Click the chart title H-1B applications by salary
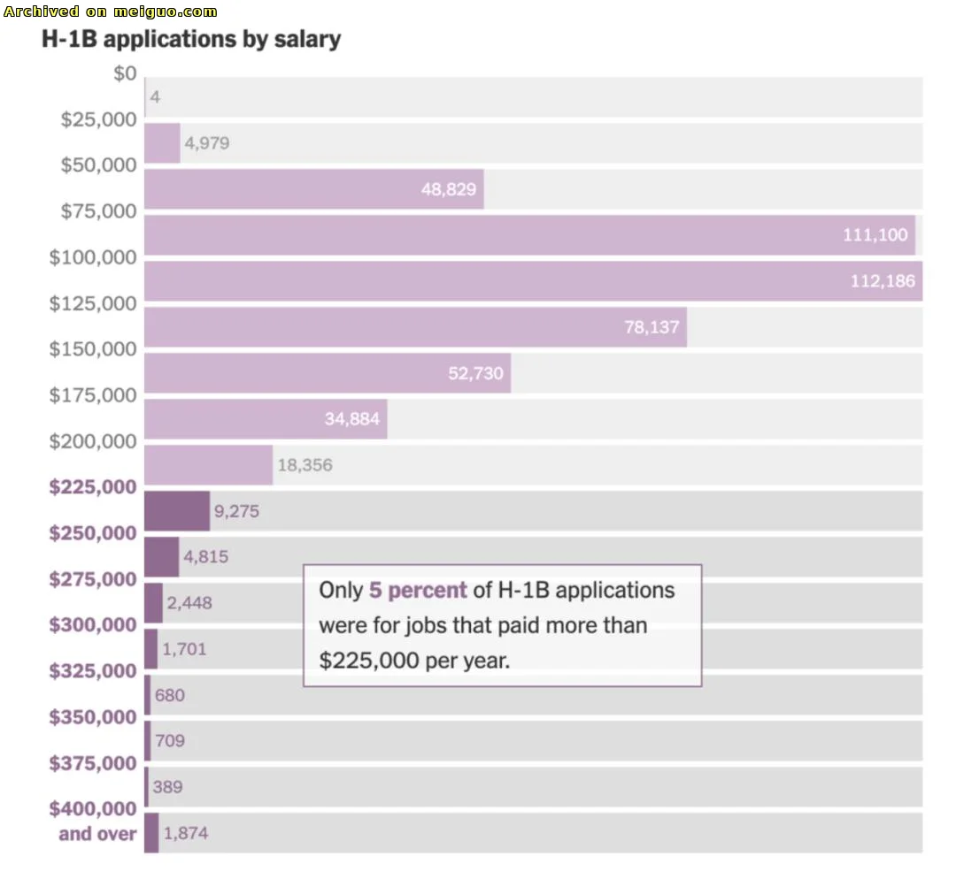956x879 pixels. [191, 40]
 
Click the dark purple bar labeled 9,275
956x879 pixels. [176, 511]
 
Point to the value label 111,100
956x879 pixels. [875, 235]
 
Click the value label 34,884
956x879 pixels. [351, 419]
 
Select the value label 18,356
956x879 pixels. [305, 465]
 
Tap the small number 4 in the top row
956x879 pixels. [155, 97]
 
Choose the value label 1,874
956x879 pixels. [186, 833]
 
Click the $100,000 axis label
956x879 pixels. [93, 257]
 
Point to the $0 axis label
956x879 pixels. [125, 73]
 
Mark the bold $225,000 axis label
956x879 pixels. [93, 487]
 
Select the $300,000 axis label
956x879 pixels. [93, 625]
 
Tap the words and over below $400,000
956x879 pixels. [97, 834]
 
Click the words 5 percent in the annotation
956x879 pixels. [418, 591]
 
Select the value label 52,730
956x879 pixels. [475, 373]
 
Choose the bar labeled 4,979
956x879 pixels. [162, 143]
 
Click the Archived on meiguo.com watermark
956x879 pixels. [111, 11]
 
